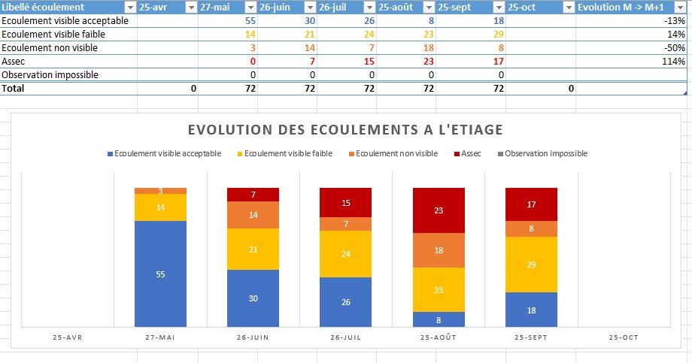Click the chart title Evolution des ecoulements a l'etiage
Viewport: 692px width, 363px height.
[x=345, y=130]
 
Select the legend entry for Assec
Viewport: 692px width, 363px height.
[x=470, y=153]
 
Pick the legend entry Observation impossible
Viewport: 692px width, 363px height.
[x=545, y=153]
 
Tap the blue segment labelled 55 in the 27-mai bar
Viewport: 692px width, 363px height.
[x=160, y=274]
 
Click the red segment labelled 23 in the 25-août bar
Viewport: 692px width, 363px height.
[x=439, y=211]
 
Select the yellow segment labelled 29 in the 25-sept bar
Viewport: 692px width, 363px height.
[x=531, y=265]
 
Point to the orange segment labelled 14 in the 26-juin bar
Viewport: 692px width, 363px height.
[x=253, y=215]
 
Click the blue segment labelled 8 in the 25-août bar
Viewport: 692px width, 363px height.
[x=439, y=319]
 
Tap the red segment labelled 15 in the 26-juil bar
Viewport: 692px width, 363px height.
[x=345, y=203]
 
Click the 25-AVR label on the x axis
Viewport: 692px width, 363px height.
[x=68, y=338]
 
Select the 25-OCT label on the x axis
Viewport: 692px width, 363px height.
[x=624, y=338]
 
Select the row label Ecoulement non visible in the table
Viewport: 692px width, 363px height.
[x=50, y=47]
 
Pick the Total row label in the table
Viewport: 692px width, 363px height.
[x=14, y=88]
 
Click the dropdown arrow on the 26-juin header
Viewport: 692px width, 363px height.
[x=309, y=7]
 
